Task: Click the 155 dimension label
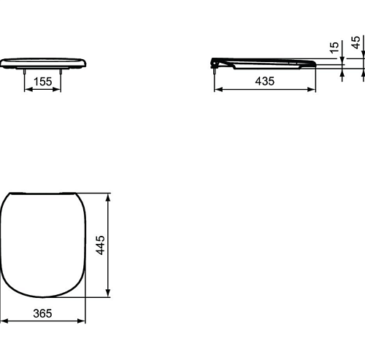[x=43, y=82]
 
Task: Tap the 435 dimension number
[x=265, y=81]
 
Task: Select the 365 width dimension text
[x=42, y=313]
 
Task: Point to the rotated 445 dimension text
[x=100, y=245]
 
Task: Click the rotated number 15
[x=334, y=47]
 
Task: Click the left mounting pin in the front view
[x=25, y=72]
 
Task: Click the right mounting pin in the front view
[x=61, y=72]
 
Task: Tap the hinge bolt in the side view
[x=215, y=71]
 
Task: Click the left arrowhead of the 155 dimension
[x=28, y=90]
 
